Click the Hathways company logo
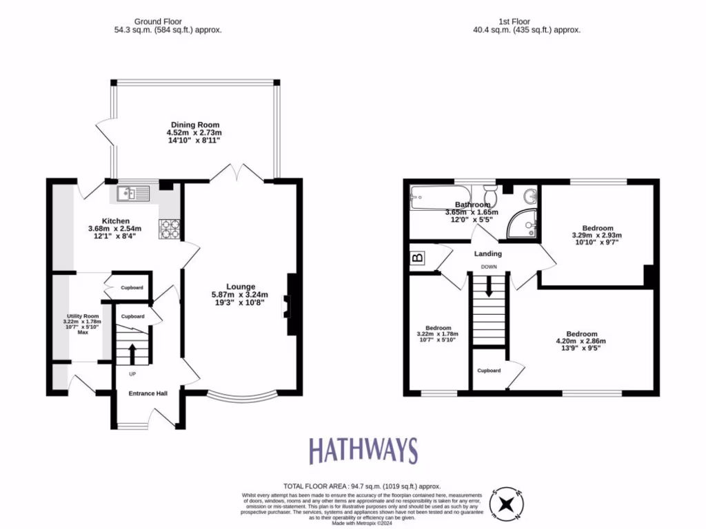point(363,450)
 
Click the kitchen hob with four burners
point(169,228)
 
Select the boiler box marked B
point(417,258)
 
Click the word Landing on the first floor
point(488,253)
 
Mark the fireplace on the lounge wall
point(292,305)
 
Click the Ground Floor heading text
point(158,21)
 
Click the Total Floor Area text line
point(361,486)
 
